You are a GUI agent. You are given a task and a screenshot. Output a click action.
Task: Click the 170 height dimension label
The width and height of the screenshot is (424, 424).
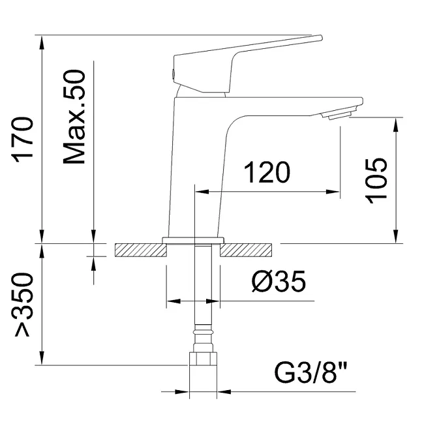point(22,139)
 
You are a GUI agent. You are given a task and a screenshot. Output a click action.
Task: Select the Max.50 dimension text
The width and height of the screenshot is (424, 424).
point(74,117)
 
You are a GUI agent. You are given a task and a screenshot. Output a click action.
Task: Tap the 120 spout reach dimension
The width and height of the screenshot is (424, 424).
point(267,172)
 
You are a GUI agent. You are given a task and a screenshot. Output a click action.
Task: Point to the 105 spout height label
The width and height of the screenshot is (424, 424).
point(376,181)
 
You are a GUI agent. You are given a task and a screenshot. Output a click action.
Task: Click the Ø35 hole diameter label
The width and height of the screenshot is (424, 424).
point(279,281)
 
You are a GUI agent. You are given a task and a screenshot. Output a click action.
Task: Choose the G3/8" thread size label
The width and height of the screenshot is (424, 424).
point(311,372)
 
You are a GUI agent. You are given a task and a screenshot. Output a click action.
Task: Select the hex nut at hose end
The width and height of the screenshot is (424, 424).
point(203,359)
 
